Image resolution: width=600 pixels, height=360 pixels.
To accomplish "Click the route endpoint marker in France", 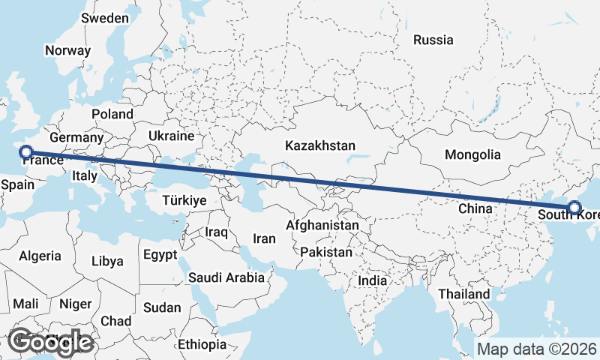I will click(x=26, y=152).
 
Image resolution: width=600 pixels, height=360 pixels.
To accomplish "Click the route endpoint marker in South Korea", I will click(x=574, y=208).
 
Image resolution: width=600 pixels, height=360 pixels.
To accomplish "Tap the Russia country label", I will click(x=433, y=40).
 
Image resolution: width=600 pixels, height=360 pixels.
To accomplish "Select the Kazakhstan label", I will click(x=320, y=145).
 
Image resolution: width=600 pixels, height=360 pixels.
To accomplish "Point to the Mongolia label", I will click(x=472, y=155).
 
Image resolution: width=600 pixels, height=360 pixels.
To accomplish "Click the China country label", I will click(x=474, y=208).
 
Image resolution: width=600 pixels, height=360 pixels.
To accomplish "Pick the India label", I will click(x=373, y=280).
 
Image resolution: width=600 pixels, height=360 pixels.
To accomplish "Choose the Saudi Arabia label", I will click(x=226, y=277).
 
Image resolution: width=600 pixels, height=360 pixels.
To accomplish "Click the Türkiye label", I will click(x=184, y=200).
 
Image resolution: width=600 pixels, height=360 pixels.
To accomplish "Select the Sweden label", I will click(x=105, y=17).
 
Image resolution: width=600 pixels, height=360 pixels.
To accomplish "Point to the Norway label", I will click(x=67, y=51).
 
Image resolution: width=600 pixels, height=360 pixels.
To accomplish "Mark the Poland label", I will click(x=112, y=114).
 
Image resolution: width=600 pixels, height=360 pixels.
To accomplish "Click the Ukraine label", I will click(x=172, y=136).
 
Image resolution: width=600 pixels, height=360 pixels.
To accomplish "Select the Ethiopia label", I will click(x=202, y=344).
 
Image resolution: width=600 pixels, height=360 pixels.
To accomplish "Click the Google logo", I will click(x=50, y=342).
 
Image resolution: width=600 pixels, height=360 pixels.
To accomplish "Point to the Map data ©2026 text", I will click(x=537, y=349).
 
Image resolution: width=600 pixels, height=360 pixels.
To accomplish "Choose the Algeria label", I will click(x=40, y=256).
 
